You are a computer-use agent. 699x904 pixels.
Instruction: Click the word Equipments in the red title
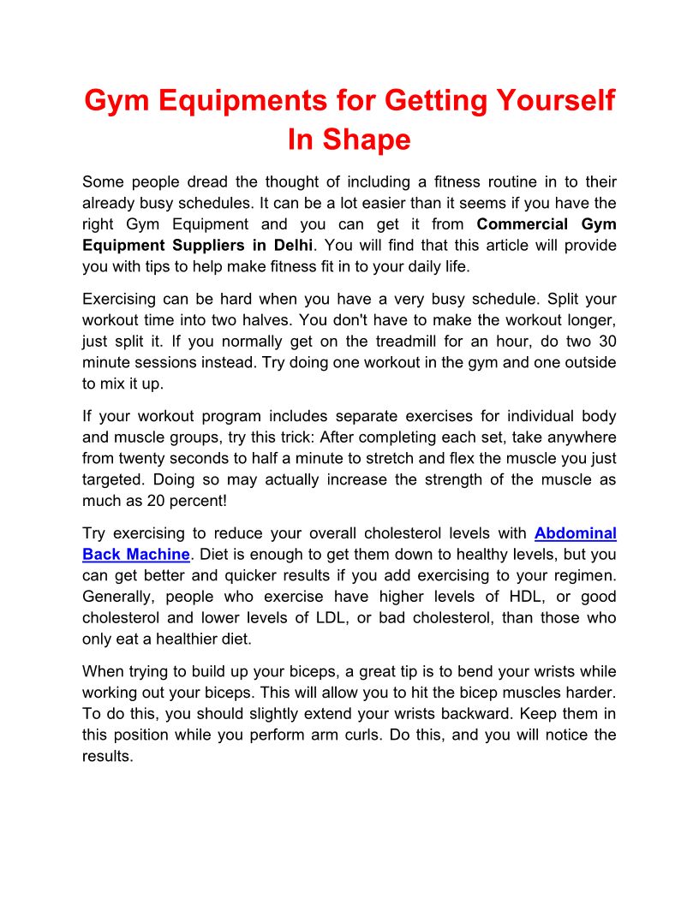[223, 101]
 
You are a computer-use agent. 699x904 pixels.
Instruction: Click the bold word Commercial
[522, 224]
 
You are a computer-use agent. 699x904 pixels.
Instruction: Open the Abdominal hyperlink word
[575, 533]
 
